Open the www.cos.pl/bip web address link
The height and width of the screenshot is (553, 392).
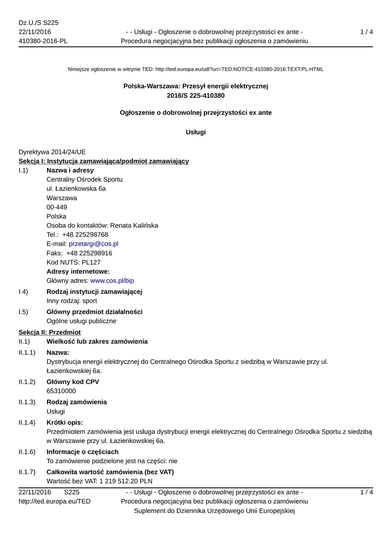(x=112, y=281)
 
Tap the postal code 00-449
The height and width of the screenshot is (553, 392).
(x=57, y=207)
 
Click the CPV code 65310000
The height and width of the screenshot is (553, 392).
(x=61, y=391)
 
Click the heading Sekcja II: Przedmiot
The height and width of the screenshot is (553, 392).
(x=49, y=332)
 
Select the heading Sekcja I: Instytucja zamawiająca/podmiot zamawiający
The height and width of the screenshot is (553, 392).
(x=103, y=161)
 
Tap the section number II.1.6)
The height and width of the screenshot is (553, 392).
(x=27, y=452)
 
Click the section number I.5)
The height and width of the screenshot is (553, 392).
(x=23, y=312)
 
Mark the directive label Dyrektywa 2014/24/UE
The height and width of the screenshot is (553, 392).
(x=52, y=152)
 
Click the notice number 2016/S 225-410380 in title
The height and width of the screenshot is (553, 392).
(x=196, y=96)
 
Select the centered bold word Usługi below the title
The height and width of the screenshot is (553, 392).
(x=196, y=132)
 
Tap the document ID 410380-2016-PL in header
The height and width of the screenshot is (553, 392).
(x=43, y=41)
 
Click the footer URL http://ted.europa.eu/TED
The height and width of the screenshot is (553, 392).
(x=55, y=502)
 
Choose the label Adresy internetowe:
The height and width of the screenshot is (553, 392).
(x=78, y=272)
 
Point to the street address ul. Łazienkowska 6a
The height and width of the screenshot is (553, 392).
(x=76, y=189)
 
